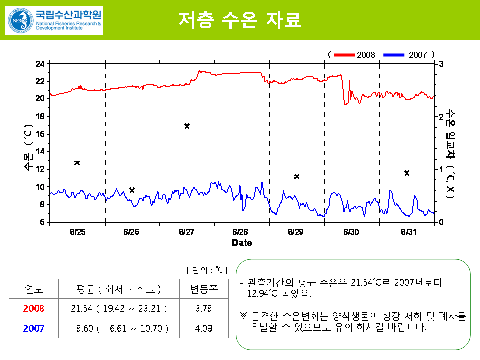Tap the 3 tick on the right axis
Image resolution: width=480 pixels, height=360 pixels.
(x=441, y=64)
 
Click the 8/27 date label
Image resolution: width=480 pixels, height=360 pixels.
(x=186, y=232)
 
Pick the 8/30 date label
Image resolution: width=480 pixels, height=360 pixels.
(x=351, y=232)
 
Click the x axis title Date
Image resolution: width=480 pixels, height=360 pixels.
(x=242, y=243)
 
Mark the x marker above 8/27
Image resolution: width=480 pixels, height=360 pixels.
(x=187, y=126)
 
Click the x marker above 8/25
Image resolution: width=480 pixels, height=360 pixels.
(x=77, y=163)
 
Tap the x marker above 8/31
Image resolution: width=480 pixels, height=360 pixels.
(x=407, y=173)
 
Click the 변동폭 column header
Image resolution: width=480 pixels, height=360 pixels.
(x=204, y=289)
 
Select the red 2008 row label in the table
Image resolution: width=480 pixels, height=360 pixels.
(x=34, y=309)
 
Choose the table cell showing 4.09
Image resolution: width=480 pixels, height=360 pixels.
(x=204, y=328)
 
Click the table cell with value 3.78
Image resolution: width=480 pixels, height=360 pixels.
(x=204, y=309)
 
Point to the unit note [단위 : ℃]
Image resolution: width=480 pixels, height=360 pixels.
(x=207, y=270)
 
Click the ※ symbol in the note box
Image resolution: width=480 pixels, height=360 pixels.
(x=243, y=316)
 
